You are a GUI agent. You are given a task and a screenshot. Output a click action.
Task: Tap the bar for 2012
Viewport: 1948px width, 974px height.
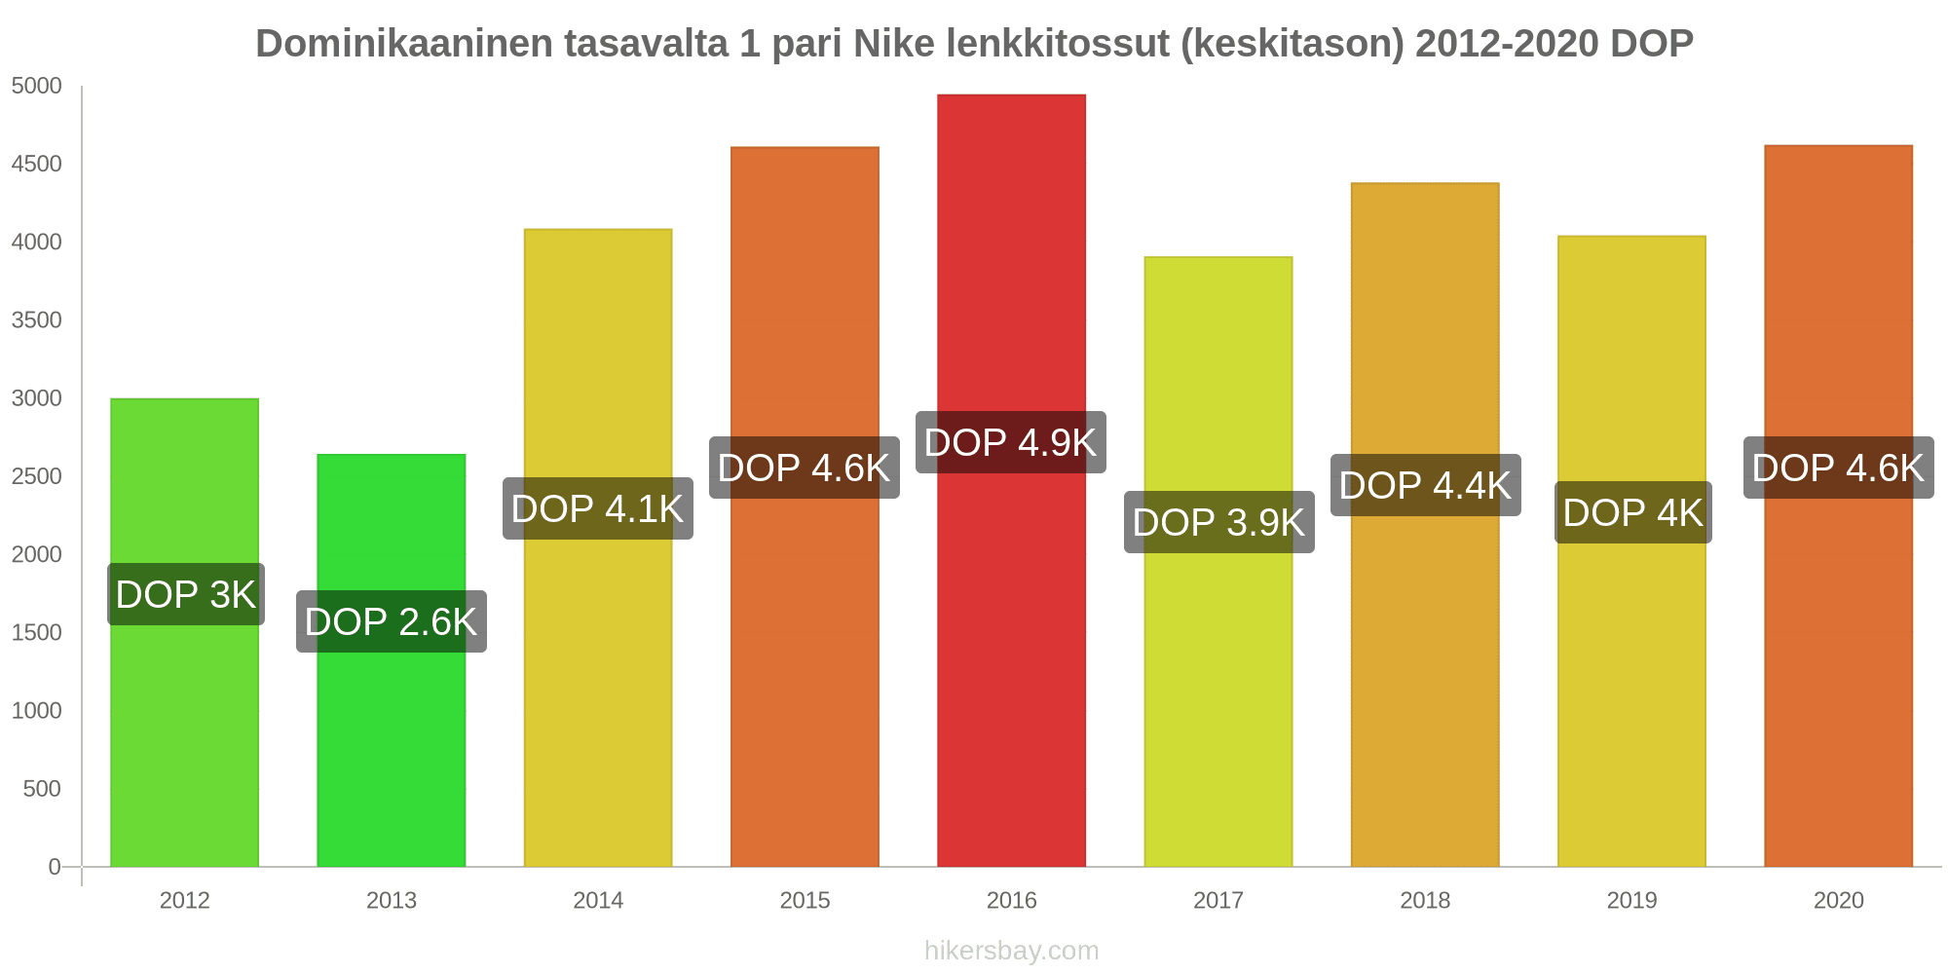tap(184, 740)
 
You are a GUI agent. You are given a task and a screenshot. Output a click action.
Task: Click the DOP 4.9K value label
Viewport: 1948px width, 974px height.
tap(1010, 442)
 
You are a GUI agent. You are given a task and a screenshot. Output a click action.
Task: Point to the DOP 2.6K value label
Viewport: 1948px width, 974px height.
tap(391, 621)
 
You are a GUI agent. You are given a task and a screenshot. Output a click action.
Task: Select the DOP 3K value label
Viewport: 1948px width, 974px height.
tap(185, 594)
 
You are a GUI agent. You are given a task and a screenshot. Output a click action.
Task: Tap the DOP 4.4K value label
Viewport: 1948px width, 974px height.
tap(1425, 485)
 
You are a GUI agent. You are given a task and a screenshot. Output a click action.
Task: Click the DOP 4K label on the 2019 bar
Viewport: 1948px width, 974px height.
tap(1632, 512)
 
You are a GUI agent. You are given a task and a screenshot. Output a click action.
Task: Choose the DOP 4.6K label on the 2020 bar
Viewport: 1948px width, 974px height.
tap(1838, 468)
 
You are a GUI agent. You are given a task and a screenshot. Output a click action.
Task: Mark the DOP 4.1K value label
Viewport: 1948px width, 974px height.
tap(597, 508)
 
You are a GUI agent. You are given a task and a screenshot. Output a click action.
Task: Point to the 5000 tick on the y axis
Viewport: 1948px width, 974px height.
tap(36, 86)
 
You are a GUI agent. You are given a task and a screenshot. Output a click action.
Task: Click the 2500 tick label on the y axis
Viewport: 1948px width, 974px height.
tap(36, 476)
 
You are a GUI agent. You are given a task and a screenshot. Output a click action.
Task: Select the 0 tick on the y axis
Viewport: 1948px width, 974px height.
tap(55, 867)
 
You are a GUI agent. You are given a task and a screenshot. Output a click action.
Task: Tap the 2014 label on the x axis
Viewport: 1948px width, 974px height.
tap(598, 900)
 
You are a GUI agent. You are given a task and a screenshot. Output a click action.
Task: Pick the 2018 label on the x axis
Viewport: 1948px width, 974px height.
tap(1425, 900)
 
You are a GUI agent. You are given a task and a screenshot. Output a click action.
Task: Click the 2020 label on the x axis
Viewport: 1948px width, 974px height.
tap(1838, 900)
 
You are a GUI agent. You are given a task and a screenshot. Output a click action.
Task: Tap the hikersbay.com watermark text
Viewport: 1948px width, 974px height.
tap(1011, 951)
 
